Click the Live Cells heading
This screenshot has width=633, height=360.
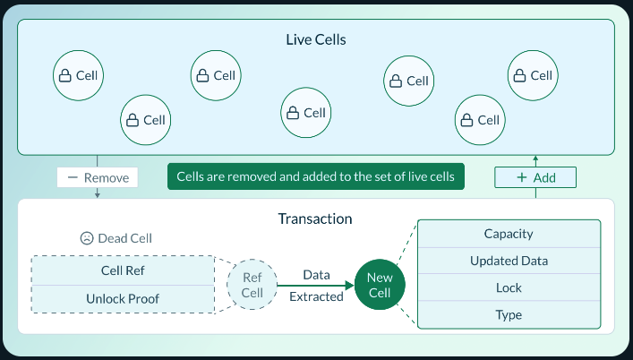click(x=315, y=40)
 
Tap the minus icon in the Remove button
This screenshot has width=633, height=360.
click(x=73, y=177)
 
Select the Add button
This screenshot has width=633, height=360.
click(x=535, y=177)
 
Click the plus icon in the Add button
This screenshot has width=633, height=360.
click(x=521, y=177)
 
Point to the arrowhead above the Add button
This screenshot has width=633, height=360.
click(x=535, y=159)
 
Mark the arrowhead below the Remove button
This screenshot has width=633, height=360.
click(x=97, y=194)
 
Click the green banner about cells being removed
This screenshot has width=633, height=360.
click(x=316, y=176)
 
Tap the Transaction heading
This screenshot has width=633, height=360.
click(x=315, y=219)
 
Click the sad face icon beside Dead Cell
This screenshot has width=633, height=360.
click(x=86, y=239)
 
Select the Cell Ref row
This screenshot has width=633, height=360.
click(x=124, y=270)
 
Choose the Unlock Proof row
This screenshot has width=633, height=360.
click(x=124, y=298)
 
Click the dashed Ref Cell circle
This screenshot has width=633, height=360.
click(x=252, y=286)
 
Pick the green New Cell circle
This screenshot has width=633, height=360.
click(x=380, y=286)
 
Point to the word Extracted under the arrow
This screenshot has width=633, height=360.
click(x=316, y=296)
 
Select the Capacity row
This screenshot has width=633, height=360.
click(x=508, y=234)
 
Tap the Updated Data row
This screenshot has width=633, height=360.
click(x=508, y=261)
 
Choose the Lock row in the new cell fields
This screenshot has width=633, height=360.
click(x=508, y=288)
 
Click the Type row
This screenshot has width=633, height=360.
click(x=508, y=315)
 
